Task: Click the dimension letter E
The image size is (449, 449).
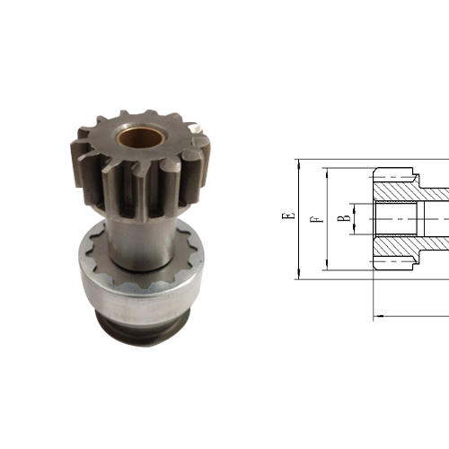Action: (286, 216)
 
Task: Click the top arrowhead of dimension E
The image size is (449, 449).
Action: (296, 163)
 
